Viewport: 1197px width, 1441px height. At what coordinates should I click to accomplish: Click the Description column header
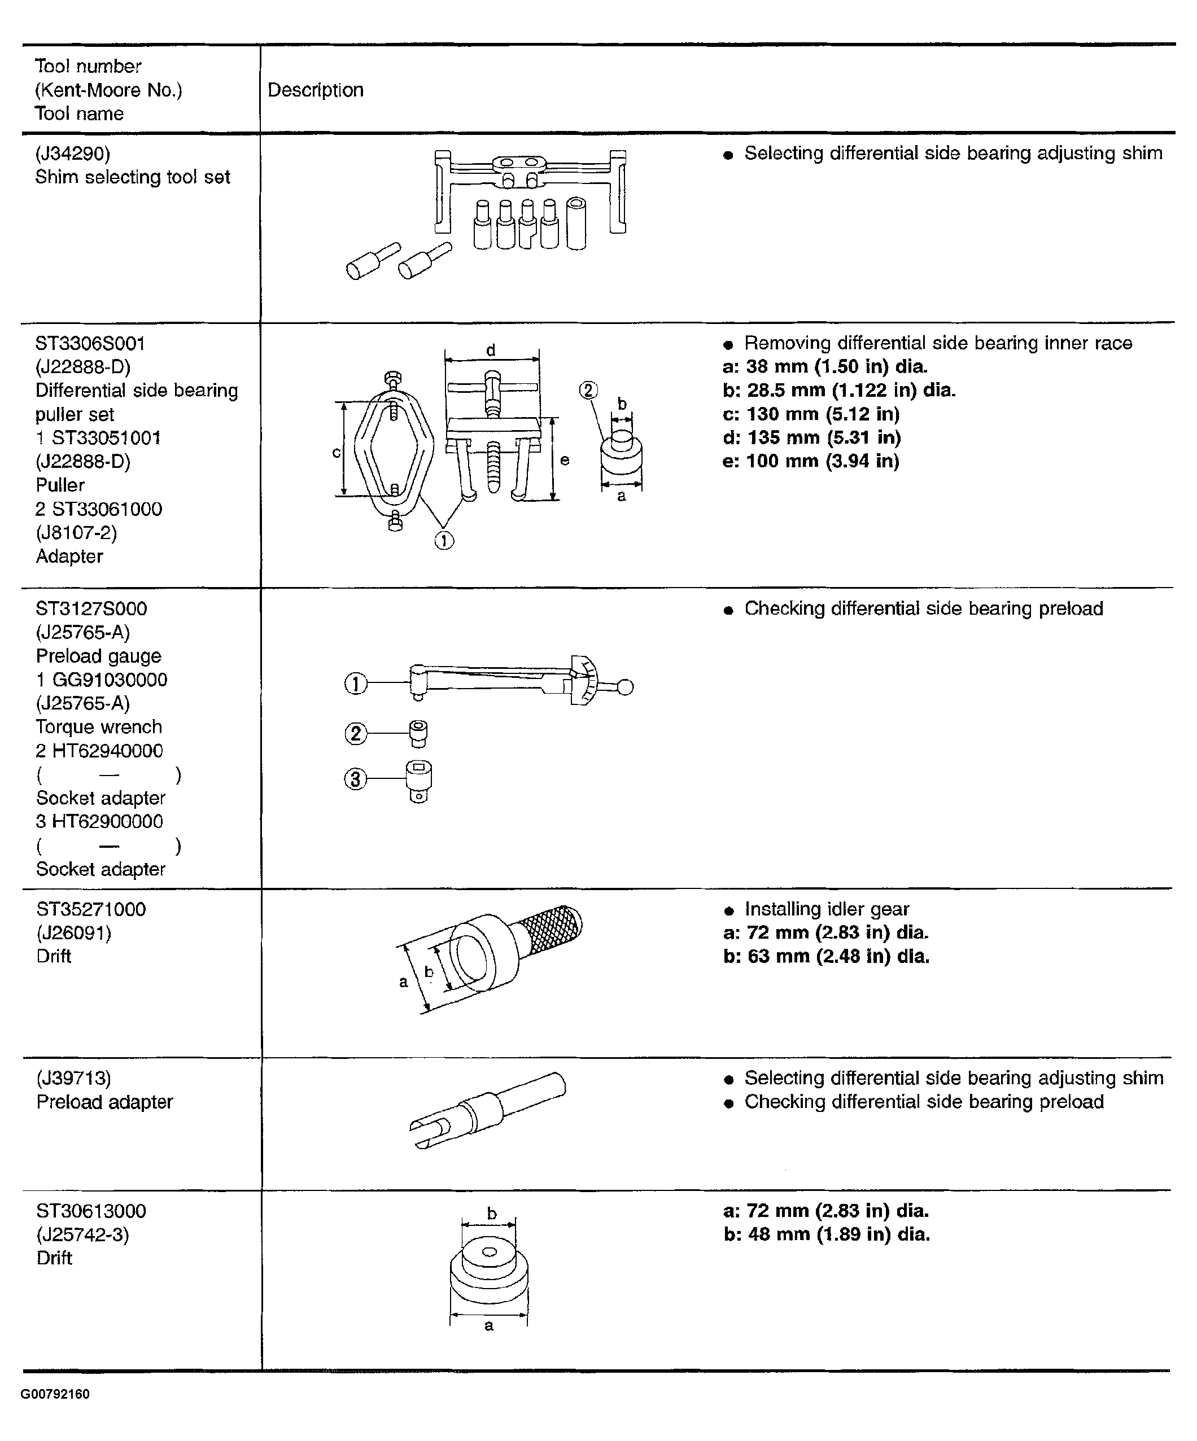pos(315,90)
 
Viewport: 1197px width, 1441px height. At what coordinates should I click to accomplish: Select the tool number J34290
pos(72,153)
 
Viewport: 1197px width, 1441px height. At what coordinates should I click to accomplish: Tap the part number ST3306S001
pos(90,343)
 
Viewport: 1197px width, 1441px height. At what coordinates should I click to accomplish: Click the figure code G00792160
pos(55,1394)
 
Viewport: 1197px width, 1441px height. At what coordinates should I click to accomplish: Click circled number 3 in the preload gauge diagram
pos(355,779)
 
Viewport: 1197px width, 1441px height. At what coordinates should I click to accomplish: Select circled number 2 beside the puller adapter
pos(588,391)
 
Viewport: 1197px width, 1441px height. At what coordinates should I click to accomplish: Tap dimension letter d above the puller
pos(491,350)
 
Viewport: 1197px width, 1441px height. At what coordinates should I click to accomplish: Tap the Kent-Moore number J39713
pos(73,1078)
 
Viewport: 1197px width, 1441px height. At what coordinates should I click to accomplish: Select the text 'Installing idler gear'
pos(827,909)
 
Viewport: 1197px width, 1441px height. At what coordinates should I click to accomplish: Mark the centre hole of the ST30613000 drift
pos(490,1252)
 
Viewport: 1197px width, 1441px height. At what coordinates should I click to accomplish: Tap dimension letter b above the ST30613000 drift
pos(491,1214)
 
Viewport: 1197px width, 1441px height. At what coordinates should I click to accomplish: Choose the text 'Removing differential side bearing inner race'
pos(938,343)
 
